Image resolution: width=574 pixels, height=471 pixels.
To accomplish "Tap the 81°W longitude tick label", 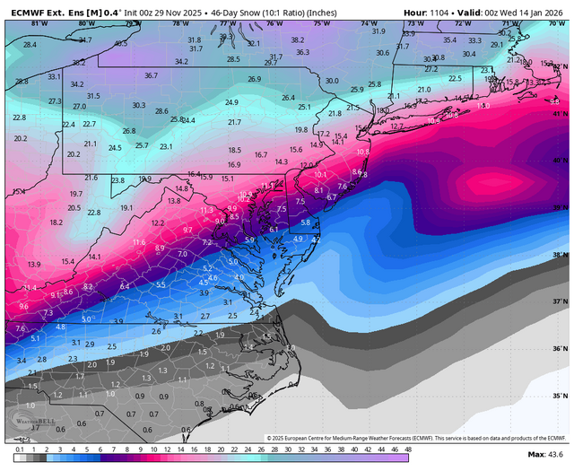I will [38, 22].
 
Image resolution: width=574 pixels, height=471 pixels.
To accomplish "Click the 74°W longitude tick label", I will [368, 22].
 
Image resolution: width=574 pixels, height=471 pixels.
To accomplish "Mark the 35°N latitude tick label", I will [561, 395].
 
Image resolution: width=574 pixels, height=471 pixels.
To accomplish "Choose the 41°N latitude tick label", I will [561, 114].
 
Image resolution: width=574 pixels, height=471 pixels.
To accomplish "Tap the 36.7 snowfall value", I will [151, 75].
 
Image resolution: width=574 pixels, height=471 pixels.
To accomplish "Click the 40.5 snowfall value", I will [120, 43].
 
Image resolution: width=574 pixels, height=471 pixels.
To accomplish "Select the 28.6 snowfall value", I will [161, 111].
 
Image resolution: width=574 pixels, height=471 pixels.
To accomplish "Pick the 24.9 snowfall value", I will [231, 102].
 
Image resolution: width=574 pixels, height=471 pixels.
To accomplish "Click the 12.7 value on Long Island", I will [397, 126].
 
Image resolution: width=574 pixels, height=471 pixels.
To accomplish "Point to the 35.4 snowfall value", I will [449, 39].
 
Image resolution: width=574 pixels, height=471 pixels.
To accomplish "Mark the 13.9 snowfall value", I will [34, 265].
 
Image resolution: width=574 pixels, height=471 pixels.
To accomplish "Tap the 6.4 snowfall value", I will [125, 286].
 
